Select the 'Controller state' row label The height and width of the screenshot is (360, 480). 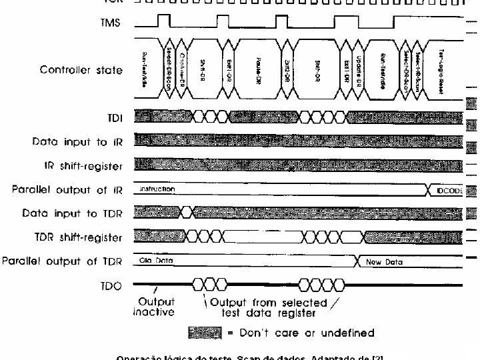(81, 70)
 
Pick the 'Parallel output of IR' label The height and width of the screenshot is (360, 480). (68, 190)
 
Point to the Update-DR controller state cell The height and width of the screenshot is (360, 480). (358, 67)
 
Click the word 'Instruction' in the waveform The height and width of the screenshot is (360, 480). (157, 189)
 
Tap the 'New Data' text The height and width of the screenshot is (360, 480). (385, 262)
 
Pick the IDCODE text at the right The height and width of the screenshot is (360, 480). (450, 191)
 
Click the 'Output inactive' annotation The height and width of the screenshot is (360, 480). (154, 307)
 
